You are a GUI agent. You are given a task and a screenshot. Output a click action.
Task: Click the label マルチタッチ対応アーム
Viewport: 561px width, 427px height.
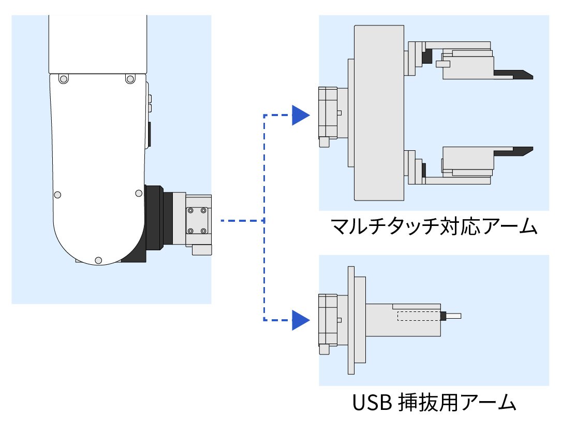tap(434, 226)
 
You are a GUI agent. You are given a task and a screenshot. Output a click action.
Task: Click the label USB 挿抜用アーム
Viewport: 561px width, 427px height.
tap(434, 402)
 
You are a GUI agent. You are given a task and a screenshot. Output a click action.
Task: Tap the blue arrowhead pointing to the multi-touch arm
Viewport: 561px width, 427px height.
tap(301, 116)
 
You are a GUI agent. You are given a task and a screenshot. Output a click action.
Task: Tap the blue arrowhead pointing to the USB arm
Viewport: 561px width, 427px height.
tap(301, 320)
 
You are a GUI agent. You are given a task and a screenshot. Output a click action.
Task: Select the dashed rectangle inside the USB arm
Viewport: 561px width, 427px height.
tap(419, 316)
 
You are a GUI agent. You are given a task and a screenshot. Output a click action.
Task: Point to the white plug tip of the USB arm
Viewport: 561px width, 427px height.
tap(453, 316)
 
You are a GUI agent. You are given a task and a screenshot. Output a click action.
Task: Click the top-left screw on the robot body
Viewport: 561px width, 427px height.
tap(63, 79)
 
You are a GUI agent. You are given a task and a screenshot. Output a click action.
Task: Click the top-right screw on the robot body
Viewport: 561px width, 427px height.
tap(130, 79)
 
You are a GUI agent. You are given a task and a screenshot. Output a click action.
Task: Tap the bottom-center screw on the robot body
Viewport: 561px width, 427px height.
tap(98, 261)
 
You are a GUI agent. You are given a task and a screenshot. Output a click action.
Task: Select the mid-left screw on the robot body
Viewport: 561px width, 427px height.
tap(57, 195)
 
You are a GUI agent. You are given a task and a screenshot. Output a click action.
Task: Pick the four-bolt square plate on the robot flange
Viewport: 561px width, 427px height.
tap(197, 221)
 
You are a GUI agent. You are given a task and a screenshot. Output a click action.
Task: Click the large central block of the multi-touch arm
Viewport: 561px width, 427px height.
tap(379, 113)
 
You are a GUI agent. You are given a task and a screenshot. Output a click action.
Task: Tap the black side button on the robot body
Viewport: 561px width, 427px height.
tap(149, 134)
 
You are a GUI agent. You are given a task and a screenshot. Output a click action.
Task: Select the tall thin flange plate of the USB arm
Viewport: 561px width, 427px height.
tap(351, 320)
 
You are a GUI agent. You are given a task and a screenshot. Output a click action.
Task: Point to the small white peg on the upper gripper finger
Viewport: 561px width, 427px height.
tap(443, 64)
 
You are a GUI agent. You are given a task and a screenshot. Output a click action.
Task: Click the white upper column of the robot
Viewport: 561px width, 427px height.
tap(98, 45)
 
